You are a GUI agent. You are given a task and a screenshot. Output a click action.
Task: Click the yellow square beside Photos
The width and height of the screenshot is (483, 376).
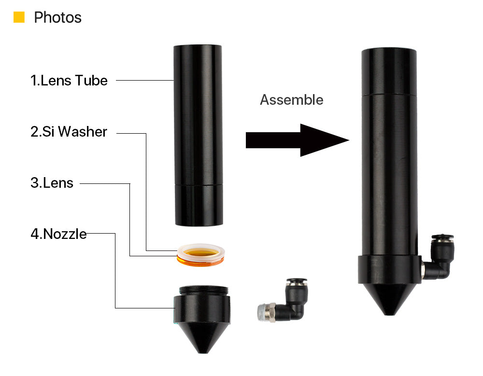click(x=19, y=17)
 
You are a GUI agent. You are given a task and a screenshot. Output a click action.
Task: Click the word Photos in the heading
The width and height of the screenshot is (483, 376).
click(x=57, y=18)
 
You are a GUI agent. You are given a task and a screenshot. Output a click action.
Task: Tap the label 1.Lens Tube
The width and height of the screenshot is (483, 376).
click(x=69, y=80)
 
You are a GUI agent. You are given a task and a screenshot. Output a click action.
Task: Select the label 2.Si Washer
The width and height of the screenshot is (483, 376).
click(x=69, y=131)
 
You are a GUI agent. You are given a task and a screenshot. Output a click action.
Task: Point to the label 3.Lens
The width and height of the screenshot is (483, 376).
click(x=52, y=183)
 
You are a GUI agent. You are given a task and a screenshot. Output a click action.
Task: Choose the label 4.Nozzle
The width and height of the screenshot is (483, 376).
click(x=58, y=234)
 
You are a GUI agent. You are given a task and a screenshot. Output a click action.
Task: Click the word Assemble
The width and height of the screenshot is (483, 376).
click(x=291, y=100)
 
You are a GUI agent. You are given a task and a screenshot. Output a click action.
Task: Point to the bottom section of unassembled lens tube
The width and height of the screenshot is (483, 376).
click(x=198, y=205)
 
